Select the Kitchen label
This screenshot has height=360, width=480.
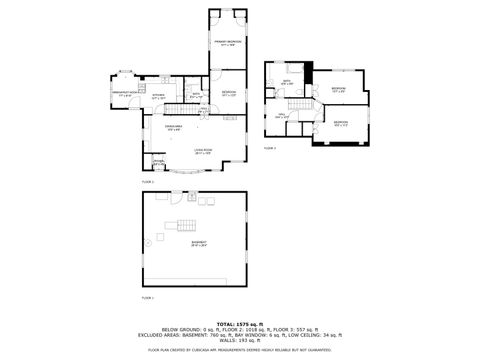pyautogui.click(x=158, y=98)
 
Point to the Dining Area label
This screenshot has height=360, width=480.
pyautogui.click(x=174, y=128)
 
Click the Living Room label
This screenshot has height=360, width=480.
pyautogui.click(x=204, y=152)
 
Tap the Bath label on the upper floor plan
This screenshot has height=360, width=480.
pyautogui.click(x=287, y=83)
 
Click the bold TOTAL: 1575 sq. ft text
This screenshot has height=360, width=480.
pyautogui.click(x=239, y=324)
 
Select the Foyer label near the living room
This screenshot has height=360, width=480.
pyautogui.click(x=159, y=163)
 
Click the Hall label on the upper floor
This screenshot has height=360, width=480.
pyautogui.click(x=281, y=116)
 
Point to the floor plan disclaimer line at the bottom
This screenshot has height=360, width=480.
pyautogui.click(x=239, y=351)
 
